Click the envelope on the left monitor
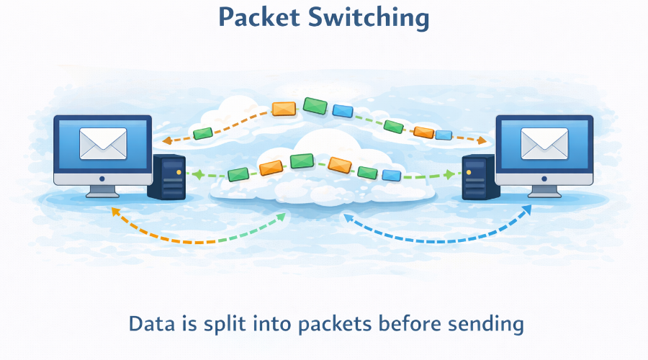(x=103, y=143)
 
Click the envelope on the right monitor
(x=544, y=143)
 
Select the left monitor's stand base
(x=102, y=194)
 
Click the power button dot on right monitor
(x=544, y=178)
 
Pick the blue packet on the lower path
(x=391, y=175)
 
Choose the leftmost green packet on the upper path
(x=203, y=133)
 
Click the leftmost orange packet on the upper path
(x=284, y=109)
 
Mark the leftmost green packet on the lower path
(x=238, y=174)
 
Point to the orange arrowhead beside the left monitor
(x=165, y=140)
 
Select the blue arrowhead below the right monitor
(x=526, y=210)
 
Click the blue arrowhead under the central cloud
(x=348, y=216)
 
